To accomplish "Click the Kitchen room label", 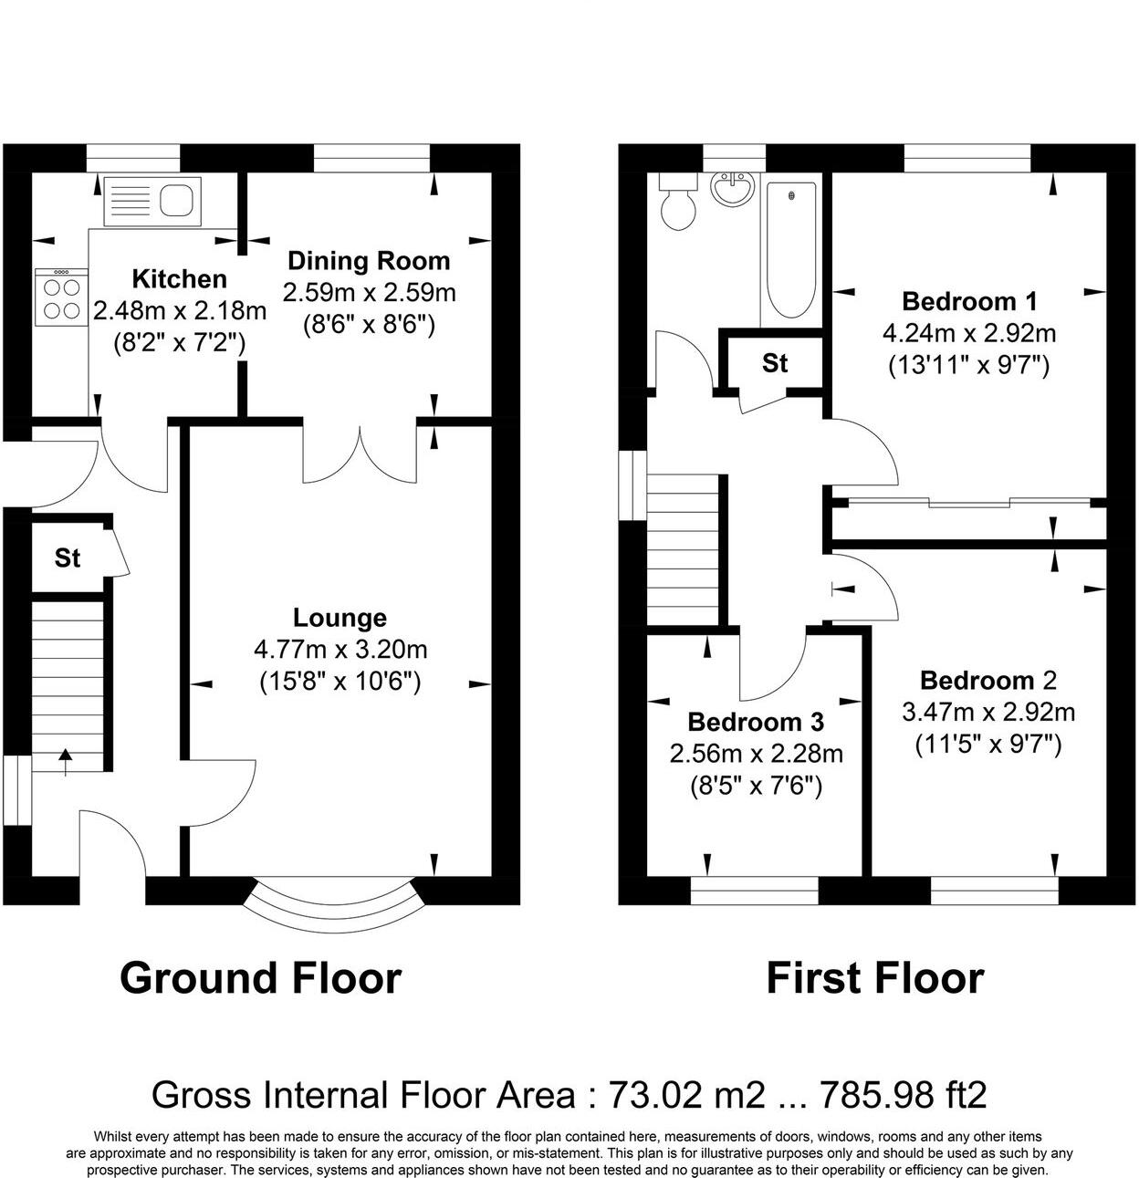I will click(179, 278).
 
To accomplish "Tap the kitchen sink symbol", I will click(152, 200).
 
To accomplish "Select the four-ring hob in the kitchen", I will click(60, 297).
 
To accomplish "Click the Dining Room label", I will click(369, 261).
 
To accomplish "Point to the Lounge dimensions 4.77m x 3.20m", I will click(340, 650).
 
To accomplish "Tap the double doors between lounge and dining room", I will click(361, 453).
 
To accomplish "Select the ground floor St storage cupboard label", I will click(68, 558).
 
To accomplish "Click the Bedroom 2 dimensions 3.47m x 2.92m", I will click(987, 712).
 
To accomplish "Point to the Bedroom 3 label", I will click(756, 722).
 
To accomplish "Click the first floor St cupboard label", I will click(775, 363).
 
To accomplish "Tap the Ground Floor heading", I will click(260, 978).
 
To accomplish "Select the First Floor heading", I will click(874, 978).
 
